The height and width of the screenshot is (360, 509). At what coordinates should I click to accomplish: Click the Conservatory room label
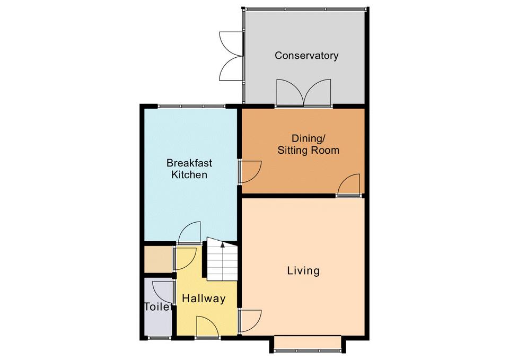pos(306,56)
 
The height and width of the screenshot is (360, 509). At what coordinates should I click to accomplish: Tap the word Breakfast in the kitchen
pos(189,163)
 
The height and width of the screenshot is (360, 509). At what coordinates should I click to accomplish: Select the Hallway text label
pos(204,298)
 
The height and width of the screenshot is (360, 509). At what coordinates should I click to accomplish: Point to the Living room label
pos(303,270)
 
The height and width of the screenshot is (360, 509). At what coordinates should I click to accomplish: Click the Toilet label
pos(157,307)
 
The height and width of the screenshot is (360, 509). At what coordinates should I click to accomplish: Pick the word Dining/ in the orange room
pos(308,138)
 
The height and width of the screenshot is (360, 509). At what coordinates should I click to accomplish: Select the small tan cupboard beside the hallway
pos(158,260)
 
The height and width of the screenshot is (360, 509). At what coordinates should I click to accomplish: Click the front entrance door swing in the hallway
pos(207,327)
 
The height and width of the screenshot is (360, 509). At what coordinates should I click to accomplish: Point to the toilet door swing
pos(162,293)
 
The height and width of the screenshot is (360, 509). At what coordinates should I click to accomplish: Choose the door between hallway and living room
pos(250,321)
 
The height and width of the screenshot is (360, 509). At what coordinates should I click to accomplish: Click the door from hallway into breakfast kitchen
pos(189,232)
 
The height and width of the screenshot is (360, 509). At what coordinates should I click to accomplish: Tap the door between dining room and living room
pos(349,186)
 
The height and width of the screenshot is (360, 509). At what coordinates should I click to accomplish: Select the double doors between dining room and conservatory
pos(303,93)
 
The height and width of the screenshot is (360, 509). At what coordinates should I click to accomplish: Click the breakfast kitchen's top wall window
pos(191,106)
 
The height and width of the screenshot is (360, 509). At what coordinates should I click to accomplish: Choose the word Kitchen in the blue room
pos(189,174)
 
